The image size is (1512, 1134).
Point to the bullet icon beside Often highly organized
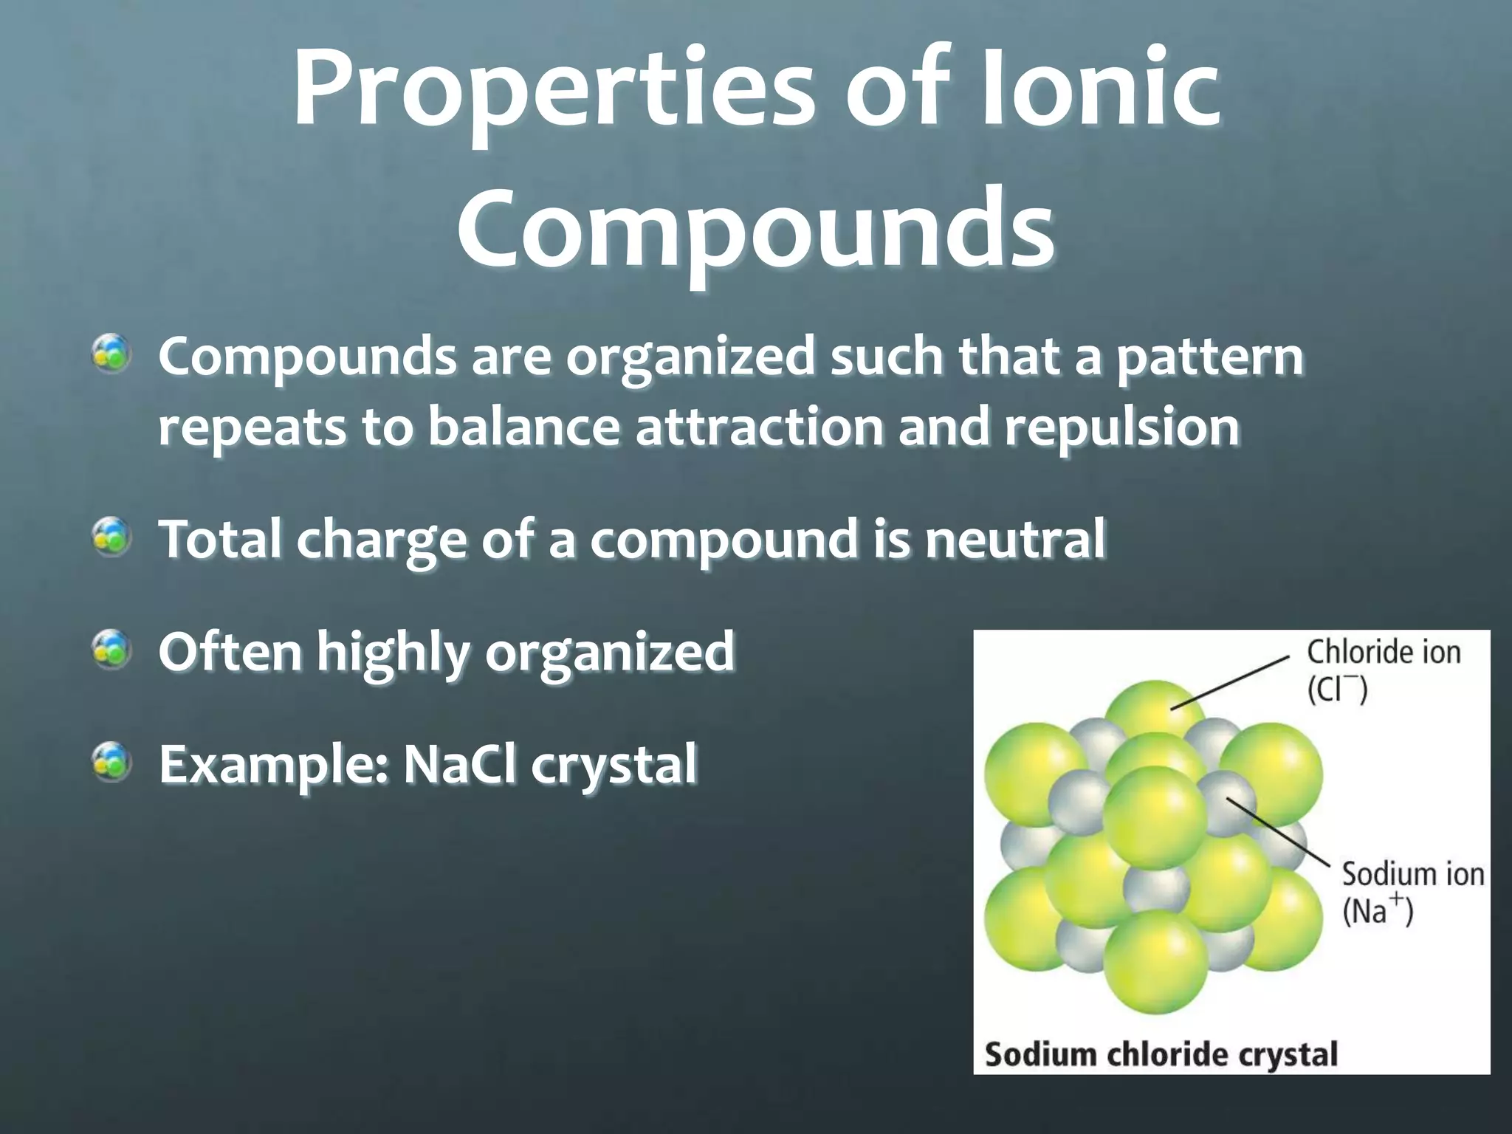click(111, 650)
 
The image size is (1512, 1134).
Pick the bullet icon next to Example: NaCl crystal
click(111, 763)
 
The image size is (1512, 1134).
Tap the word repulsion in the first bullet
click(1121, 427)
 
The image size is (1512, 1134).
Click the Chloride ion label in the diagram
click(1384, 653)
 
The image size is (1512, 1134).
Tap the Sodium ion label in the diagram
click(1412, 874)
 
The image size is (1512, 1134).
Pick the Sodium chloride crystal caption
click(1161, 1054)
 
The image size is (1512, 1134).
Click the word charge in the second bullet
click(381, 540)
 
